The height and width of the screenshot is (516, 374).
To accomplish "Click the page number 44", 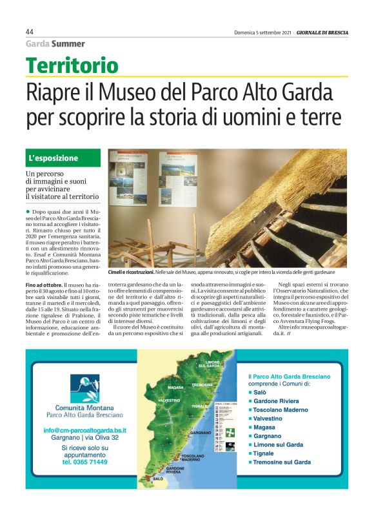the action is coord(30,32).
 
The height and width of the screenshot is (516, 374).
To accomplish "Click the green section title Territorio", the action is coord(72,65).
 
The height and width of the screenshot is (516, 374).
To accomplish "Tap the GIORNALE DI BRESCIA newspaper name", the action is coord(323,32).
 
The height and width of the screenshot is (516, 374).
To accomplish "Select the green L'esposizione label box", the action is coord(63,158).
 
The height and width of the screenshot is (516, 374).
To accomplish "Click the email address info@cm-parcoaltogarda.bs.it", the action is coord(84,429).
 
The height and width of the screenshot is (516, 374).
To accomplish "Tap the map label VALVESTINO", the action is coord(169,401).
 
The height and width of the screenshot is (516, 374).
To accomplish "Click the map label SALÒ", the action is coord(158,479).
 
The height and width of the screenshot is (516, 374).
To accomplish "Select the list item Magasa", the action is coord(264,427).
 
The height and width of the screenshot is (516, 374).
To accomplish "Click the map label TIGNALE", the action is coord(200,406).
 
